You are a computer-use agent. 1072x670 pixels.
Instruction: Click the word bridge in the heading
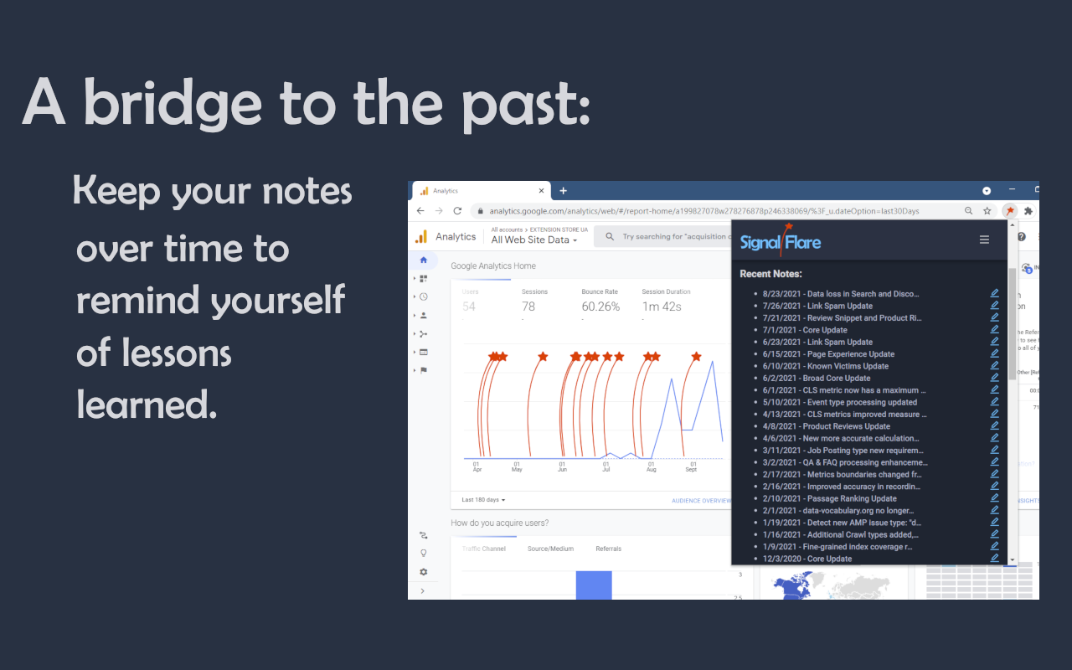[x=173, y=103]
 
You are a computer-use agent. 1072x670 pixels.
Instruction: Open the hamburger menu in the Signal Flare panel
[x=984, y=240]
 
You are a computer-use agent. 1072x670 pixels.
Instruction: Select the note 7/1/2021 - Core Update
[x=805, y=330]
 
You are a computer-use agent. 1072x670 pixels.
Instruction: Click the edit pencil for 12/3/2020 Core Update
[x=994, y=558]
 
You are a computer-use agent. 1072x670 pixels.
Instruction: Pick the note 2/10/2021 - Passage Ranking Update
[x=829, y=498]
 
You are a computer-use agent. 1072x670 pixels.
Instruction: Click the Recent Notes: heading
[x=770, y=274]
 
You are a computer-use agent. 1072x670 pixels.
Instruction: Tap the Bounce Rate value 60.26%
[x=600, y=307]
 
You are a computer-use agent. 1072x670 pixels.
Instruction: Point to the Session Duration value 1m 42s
[x=662, y=307]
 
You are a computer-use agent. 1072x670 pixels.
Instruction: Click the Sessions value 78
[x=528, y=307]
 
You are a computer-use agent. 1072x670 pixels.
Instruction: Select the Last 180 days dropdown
[x=484, y=500]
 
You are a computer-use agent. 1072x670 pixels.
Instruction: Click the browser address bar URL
[x=703, y=211]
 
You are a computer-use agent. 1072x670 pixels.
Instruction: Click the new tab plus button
[x=564, y=191]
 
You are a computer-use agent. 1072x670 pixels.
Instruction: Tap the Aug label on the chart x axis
[x=652, y=469]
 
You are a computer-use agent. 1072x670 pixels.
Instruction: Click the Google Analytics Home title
[x=493, y=266]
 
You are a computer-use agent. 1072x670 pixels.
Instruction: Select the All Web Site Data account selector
[x=533, y=240]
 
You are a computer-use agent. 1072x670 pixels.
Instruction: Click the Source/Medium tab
[x=550, y=549]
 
